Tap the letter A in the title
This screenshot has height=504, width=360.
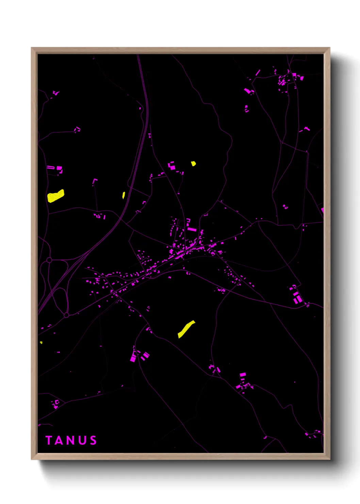tap(59, 440)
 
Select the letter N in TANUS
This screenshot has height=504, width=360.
tap(70, 440)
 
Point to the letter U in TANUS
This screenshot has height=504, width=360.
tap(82, 440)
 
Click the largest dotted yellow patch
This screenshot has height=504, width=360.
tap(55, 196)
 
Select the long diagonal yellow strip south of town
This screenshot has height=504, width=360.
tap(186, 329)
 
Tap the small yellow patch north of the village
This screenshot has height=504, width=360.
tap(193, 163)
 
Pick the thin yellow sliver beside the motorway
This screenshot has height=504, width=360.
tap(124, 195)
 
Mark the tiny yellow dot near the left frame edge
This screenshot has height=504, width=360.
tap(41, 343)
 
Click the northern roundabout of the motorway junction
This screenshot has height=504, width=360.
tap(49, 260)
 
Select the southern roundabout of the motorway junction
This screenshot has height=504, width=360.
tap(66, 315)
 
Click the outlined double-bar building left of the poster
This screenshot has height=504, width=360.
tap(50, 167)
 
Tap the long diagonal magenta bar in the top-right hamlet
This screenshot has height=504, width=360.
tap(258, 72)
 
